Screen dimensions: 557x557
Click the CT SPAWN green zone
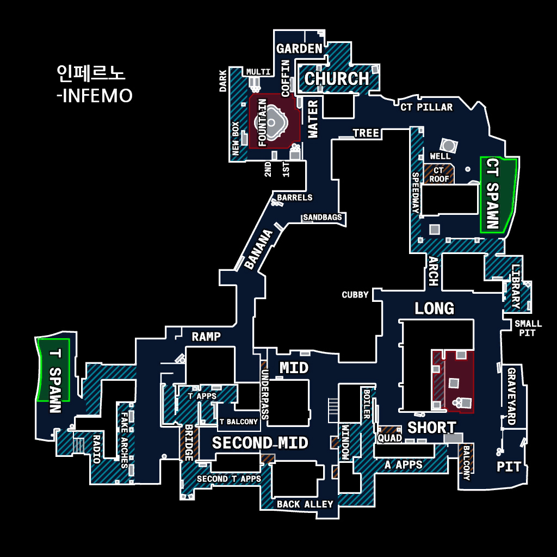pos(496,195)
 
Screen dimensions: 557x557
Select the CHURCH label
pos(337,79)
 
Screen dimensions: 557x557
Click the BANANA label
pos(258,250)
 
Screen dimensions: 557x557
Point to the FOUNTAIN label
pos(263,123)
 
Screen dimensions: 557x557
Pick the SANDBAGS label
pos(323,218)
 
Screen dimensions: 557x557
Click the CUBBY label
pos(355,295)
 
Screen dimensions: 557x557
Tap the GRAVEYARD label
pos(511,396)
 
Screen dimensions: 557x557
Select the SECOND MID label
pos(260,443)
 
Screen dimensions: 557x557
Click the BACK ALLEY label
pos(305,504)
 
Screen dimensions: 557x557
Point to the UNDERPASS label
pos(265,394)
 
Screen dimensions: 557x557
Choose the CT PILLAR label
pos(426,107)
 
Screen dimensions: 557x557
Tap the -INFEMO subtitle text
pos(94,96)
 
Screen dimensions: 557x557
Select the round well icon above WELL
pos(449,145)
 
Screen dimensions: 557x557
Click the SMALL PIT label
pos(528,328)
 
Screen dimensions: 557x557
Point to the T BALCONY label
pos(238,422)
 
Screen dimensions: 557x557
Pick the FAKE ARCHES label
pos(125,440)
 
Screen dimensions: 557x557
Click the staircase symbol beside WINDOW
pos(333,409)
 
